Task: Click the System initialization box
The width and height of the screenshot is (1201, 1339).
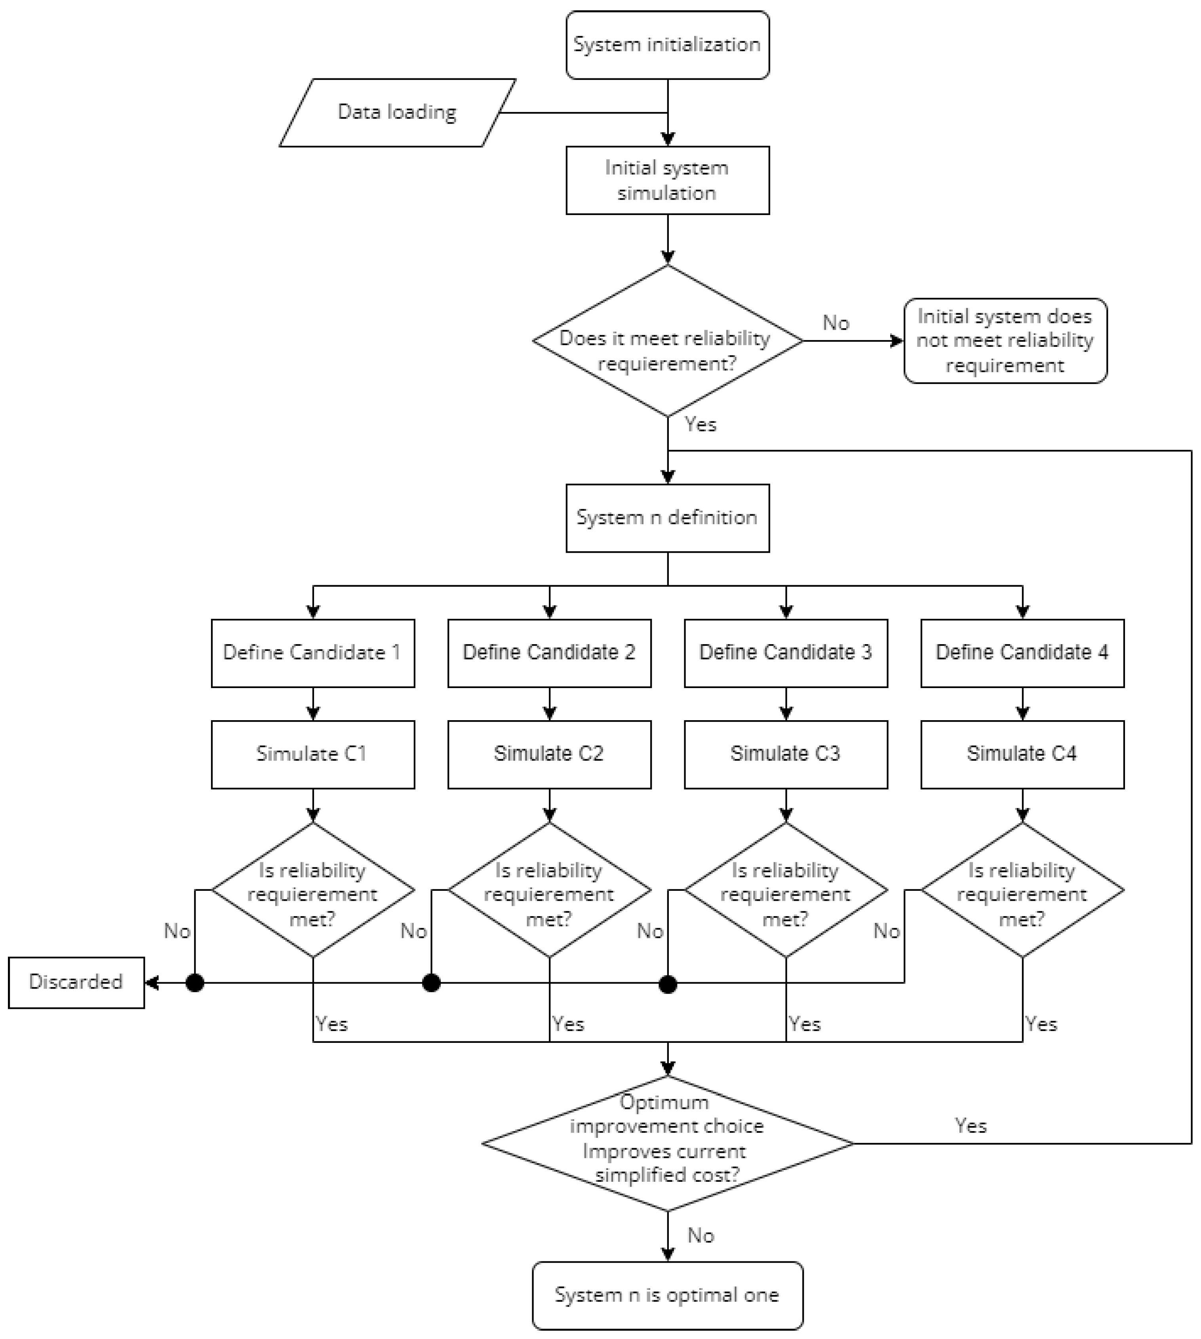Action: coord(667,45)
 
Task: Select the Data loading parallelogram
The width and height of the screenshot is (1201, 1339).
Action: coord(397,112)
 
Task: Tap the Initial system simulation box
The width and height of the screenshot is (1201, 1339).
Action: coord(667,180)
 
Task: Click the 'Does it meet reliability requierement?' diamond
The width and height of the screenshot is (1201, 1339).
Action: coord(667,341)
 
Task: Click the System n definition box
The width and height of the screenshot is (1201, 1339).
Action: coord(667,518)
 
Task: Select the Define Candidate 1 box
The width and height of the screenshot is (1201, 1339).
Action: coord(313,652)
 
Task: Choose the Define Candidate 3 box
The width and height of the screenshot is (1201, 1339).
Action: coord(785,652)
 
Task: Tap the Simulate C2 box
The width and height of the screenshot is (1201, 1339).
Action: coord(549,754)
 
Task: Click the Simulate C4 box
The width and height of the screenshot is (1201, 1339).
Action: coord(1022,754)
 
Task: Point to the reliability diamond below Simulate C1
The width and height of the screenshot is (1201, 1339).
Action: coord(313,890)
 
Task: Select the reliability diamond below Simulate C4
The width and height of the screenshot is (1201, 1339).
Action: coord(1022,890)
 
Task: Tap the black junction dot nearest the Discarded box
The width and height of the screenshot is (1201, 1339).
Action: coord(195,983)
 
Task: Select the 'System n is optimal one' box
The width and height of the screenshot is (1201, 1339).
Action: coord(667,1295)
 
